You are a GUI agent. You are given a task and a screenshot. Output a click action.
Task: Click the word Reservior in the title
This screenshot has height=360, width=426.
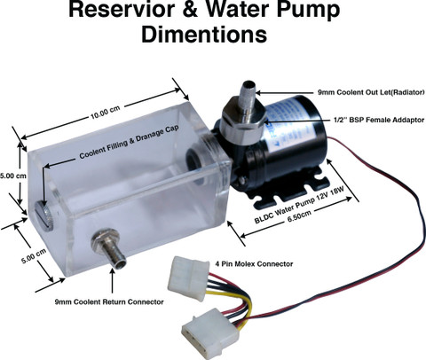pyautogui.click(x=122, y=9)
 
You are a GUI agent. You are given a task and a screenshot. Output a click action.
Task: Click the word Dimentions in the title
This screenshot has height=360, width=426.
pyautogui.click(x=204, y=35)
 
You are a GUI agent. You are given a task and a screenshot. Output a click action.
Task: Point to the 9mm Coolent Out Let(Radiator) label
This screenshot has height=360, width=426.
pyautogui.click(x=371, y=92)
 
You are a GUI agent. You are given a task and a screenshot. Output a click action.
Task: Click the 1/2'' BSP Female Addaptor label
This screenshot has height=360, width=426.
pyautogui.click(x=379, y=120)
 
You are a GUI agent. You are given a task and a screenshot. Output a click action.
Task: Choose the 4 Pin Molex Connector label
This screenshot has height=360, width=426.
pyautogui.click(x=254, y=263)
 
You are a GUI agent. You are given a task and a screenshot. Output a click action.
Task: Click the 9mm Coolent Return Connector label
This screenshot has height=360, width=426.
pyautogui.click(x=109, y=301)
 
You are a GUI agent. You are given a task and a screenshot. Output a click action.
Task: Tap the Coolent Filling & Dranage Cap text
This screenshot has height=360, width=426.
pyautogui.click(x=130, y=141)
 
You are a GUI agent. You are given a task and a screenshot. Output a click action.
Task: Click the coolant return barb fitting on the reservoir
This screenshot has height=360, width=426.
pyautogui.click(x=109, y=247)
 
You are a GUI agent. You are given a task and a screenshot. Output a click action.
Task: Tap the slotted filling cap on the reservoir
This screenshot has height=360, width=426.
pyautogui.click(x=44, y=215)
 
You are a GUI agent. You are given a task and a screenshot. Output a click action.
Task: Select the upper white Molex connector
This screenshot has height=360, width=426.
pyautogui.click(x=188, y=278)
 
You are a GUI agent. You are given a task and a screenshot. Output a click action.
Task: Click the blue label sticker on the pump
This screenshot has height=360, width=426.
pyautogui.click(x=290, y=126)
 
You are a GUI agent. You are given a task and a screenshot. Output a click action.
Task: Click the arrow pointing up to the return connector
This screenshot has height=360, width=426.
pyautogui.click(x=112, y=283)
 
